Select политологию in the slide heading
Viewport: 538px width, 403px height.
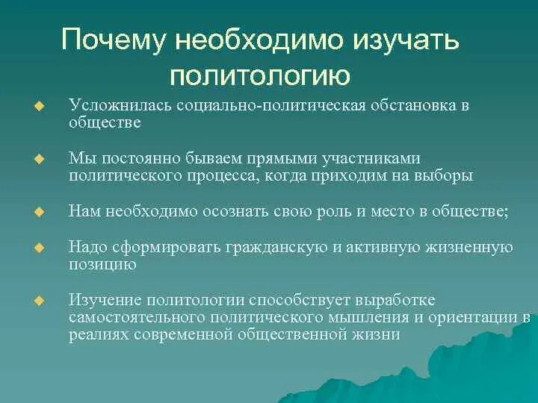(x=259, y=74)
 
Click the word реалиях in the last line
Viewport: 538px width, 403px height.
(x=99, y=334)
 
